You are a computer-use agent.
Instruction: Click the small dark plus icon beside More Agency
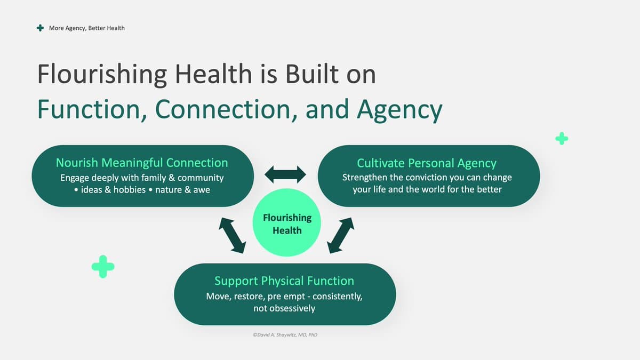(41, 28)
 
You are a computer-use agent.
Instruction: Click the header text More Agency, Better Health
(87, 28)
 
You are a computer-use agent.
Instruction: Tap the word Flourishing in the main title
(102, 74)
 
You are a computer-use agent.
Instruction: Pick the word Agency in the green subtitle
(399, 110)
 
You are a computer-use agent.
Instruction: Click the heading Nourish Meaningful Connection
(142, 163)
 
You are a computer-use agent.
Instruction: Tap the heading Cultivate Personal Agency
(427, 163)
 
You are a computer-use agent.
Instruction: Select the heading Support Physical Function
(284, 281)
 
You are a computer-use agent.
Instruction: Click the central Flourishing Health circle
(287, 222)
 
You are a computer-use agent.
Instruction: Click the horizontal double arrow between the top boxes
(285, 174)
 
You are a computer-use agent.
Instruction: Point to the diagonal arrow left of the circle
(233, 235)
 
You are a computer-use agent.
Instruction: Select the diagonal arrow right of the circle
(341, 235)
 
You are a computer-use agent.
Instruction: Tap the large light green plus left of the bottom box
(103, 267)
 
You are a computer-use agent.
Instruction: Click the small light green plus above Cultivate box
(562, 139)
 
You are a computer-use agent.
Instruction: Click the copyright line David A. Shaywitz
(285, 334)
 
